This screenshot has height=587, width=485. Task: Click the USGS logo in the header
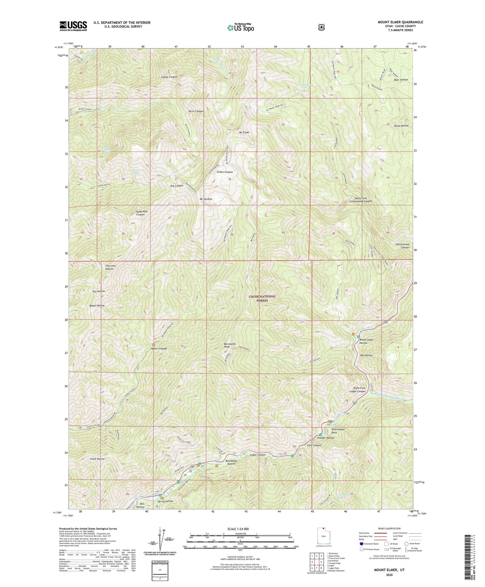tap(73, 26)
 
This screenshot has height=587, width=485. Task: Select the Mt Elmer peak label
tap(244, 133)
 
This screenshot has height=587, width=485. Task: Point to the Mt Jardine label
tap(206, 199)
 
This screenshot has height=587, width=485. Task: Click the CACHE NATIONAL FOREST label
tap(262, 298)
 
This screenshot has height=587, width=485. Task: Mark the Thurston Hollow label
tap(111, 267)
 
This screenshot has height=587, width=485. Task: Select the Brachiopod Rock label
tap(338, 431)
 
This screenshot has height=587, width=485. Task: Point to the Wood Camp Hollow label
tap(366, 341)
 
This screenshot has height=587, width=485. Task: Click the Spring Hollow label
tap(165, 501)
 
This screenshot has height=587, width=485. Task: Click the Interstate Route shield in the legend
tap(361, 544)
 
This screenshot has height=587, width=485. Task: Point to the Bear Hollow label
tap(401, 80)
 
